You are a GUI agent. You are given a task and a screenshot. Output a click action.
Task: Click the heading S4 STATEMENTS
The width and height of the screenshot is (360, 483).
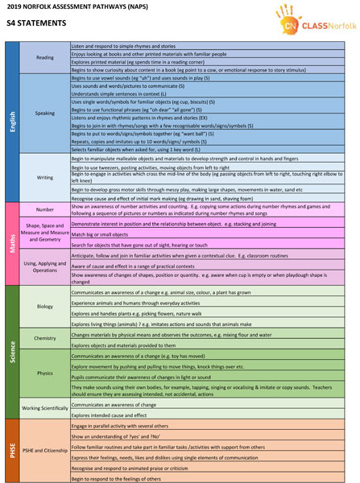pos(35,24)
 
